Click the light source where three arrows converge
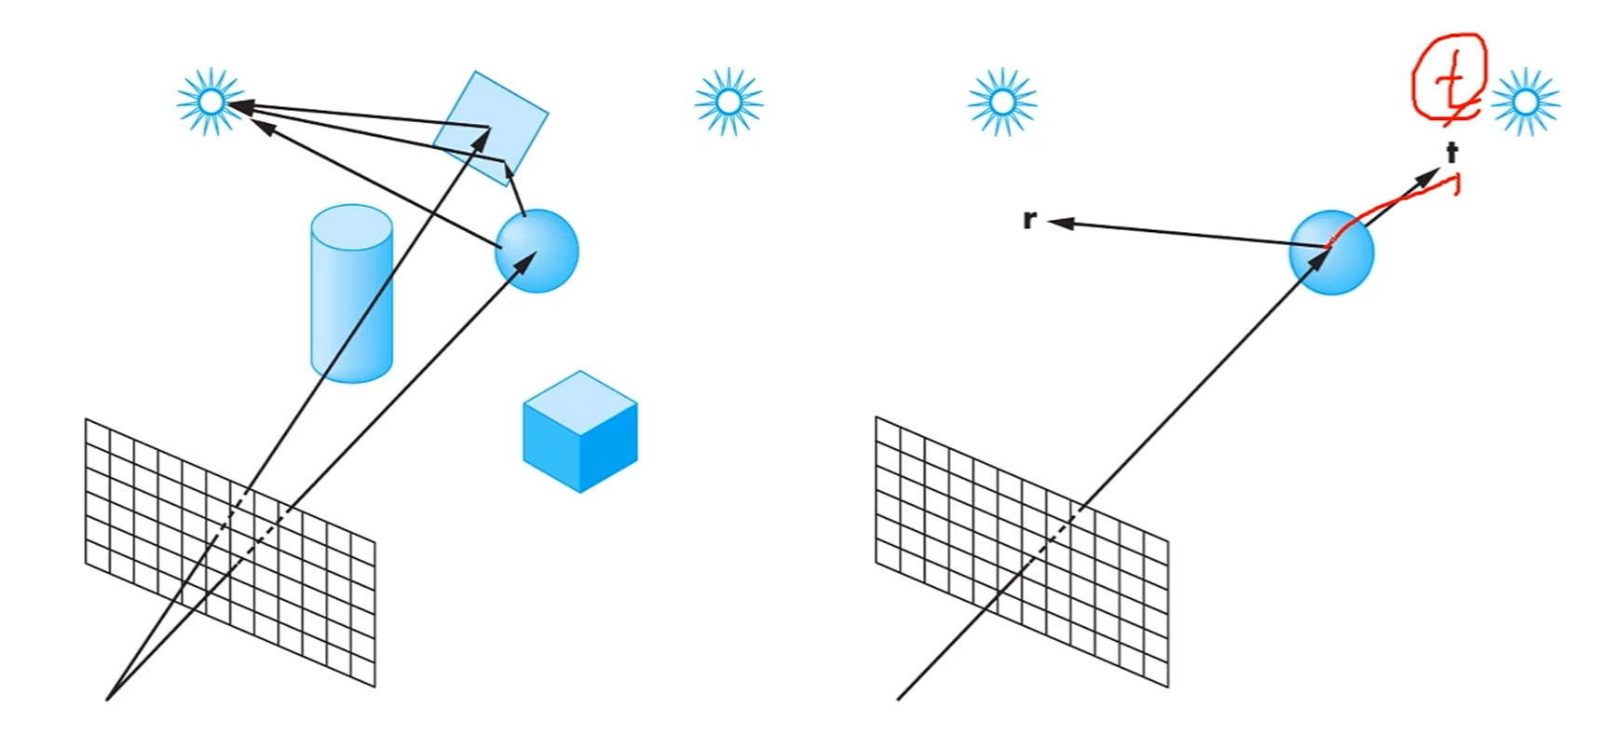point(211,102)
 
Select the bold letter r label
point(1029,220)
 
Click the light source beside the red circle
point(1525,102)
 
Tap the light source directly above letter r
point(1001,102)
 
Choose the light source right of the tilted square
point(729,102)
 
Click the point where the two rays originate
point(108,698)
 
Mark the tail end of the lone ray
point(899,698)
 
